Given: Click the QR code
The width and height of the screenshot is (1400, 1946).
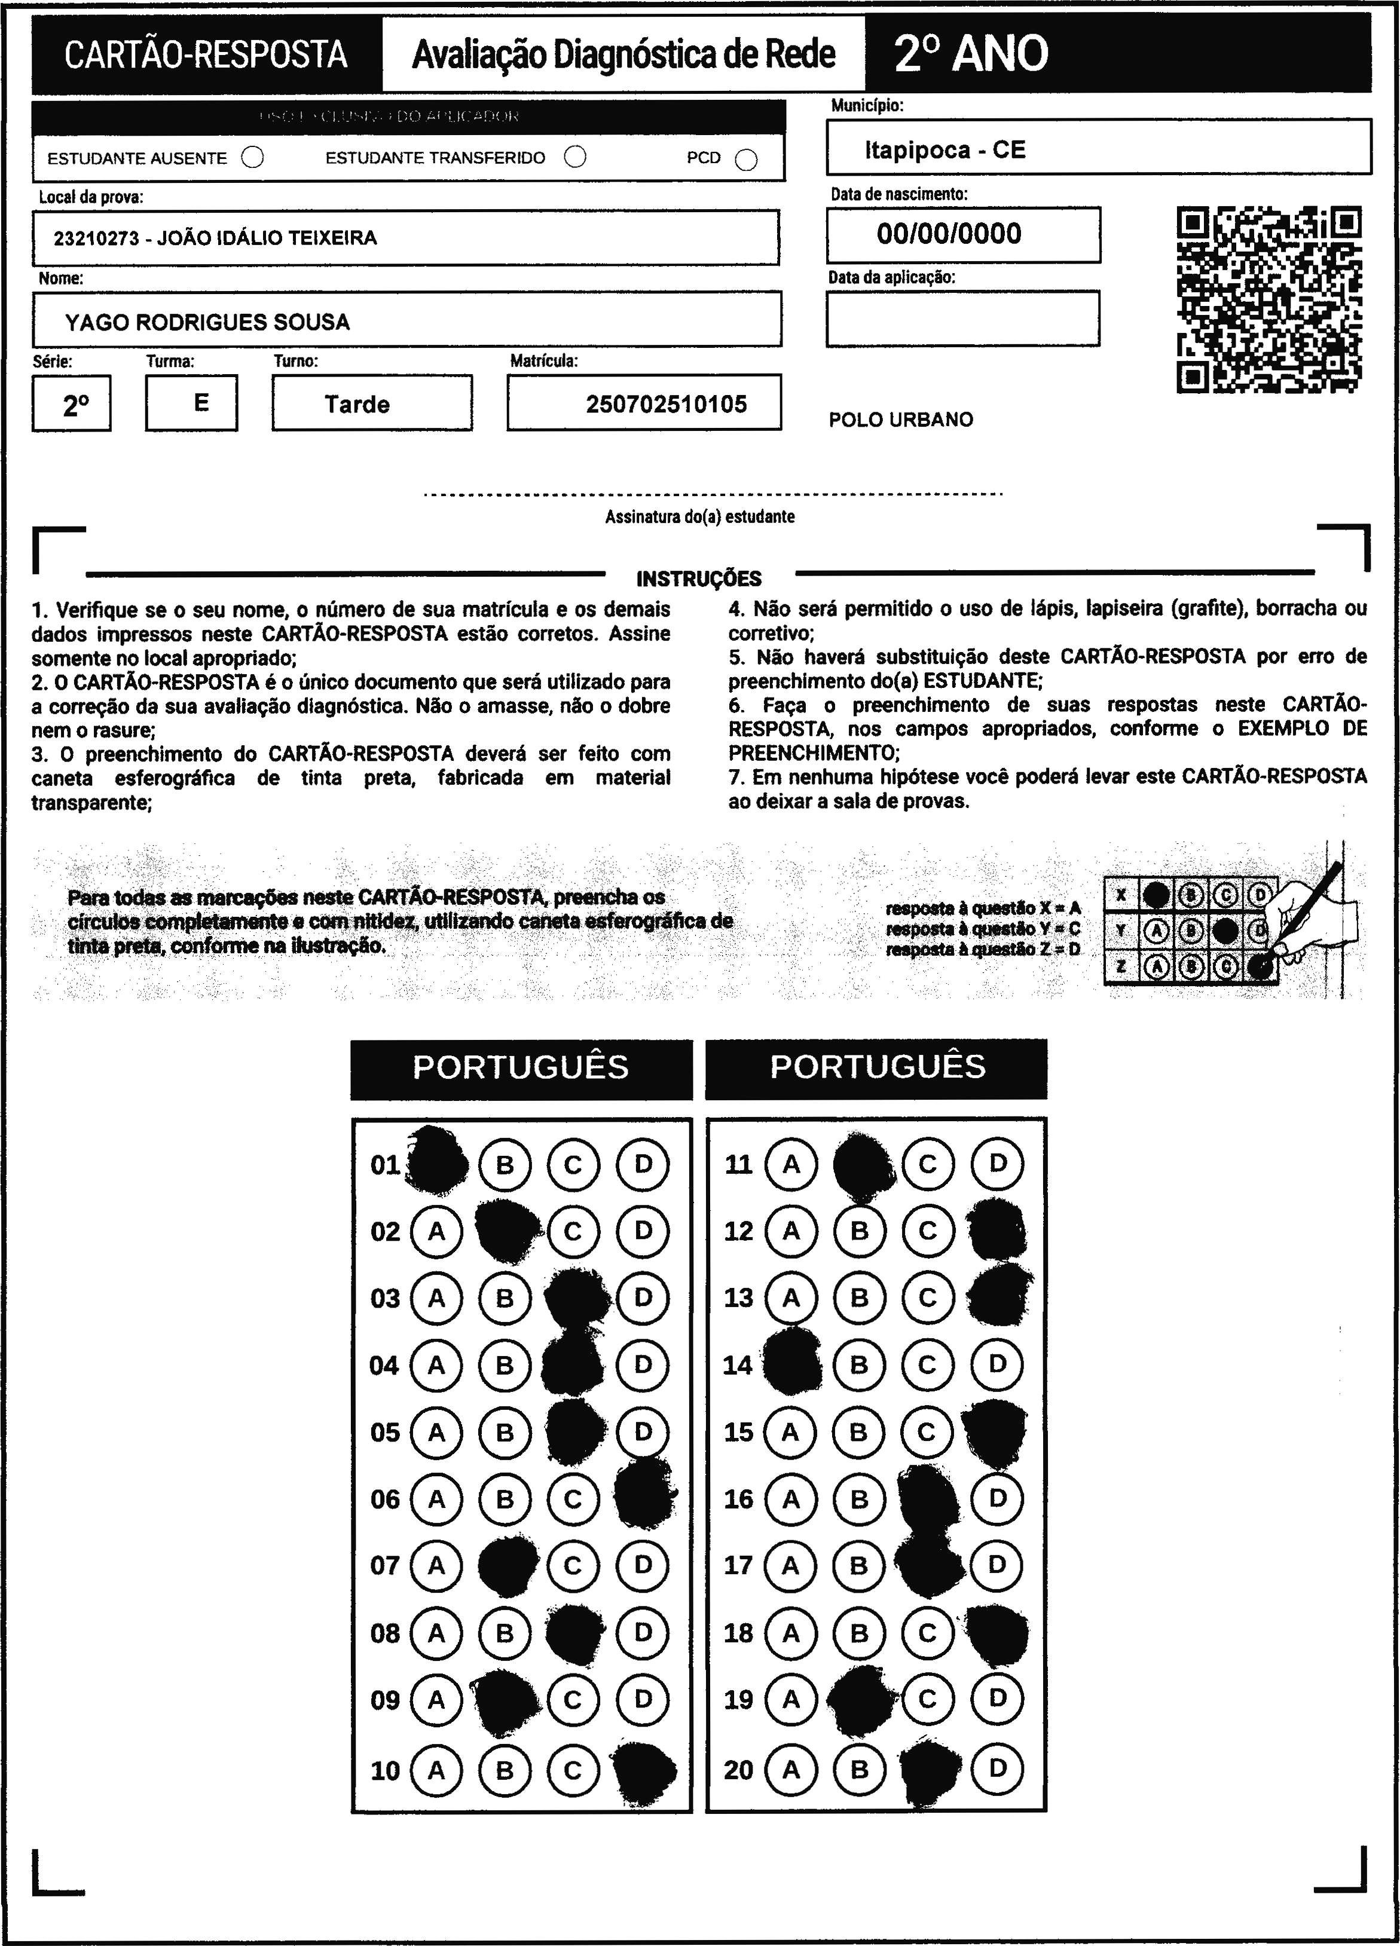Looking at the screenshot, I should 1268,299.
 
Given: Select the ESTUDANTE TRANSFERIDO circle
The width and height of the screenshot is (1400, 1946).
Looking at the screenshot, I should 575,157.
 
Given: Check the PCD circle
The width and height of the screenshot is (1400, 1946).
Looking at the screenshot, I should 746,160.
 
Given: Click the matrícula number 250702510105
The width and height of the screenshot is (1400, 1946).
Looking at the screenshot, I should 666,404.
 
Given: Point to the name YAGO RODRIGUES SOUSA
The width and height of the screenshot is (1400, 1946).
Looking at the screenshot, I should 207,323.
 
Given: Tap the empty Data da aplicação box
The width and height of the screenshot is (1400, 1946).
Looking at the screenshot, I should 962,319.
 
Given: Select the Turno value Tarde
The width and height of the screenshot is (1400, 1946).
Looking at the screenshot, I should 357,404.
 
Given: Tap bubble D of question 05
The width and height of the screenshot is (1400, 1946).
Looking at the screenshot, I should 643,1432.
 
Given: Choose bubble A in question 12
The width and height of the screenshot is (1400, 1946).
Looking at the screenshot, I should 790,1231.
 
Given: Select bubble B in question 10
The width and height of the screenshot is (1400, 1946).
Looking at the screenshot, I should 505,1770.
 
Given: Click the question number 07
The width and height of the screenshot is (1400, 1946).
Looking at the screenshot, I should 386,1566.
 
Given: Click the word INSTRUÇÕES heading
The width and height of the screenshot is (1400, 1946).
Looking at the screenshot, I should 699,579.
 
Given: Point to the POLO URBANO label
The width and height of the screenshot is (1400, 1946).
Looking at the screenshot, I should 900,420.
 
